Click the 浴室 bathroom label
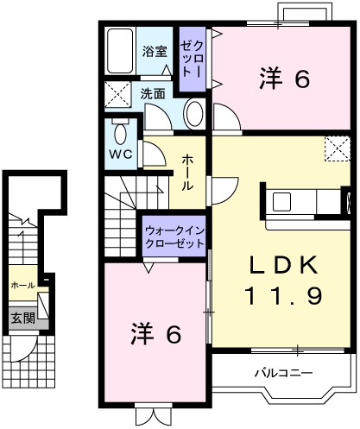(x=155, y=51)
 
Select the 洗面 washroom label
(x=153, y=93)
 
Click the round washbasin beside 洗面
(x=196, y=115)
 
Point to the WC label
(x=119, y=156)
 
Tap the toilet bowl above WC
(x=120, y=133)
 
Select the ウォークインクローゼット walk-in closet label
(x=175, y=237)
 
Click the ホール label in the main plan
(x=187, y=173)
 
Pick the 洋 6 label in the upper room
(x=283, y=79)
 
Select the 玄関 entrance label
(x=22, y=318)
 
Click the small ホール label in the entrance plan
(x=22, y=284)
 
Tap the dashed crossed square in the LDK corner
(x=335, y=149)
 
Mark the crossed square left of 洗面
(x=117, y=94)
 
